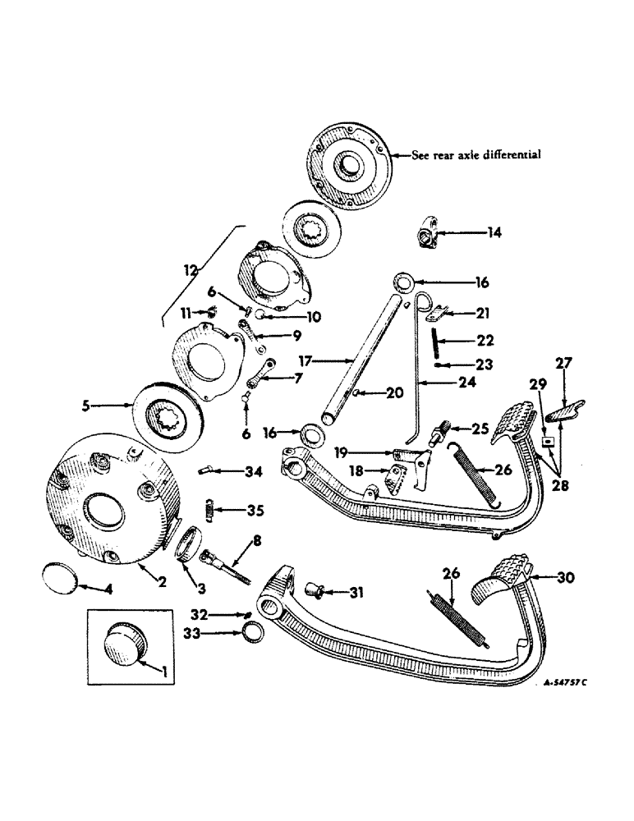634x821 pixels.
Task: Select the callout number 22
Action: click(x=464, y=340)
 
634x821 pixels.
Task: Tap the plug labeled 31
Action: click(x=314, y=589)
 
